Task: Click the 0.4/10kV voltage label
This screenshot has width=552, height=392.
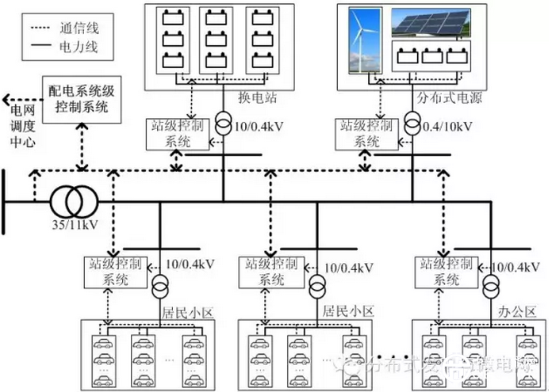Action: click(449, 127)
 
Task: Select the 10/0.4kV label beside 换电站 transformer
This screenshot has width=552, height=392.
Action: click(261, 127)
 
